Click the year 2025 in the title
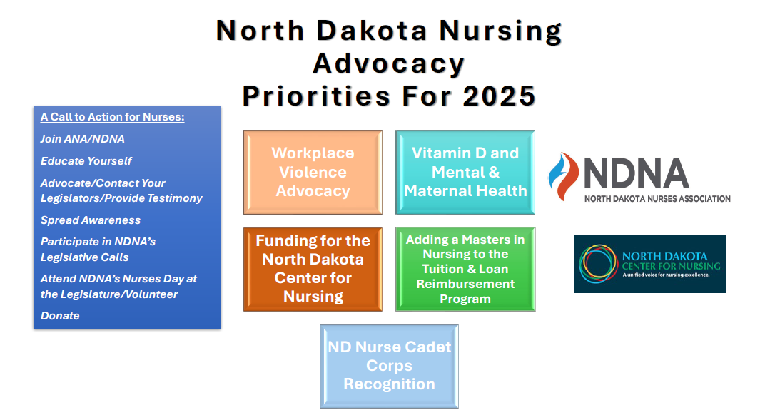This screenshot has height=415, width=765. click(x=499, y=96)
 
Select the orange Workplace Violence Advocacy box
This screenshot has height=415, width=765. click(x=313, y=172)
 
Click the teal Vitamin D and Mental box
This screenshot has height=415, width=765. click(x=465, y=172)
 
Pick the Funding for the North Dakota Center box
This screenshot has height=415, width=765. click(x=313, y=269)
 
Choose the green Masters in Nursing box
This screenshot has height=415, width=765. click(x=465, y=269)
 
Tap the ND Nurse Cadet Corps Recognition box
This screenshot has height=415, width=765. click(x=390, y=367)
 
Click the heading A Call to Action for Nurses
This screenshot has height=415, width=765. click(x=113, y=117)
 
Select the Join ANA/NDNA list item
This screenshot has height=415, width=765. click(x=83, y=139)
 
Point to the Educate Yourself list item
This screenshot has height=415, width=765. click(x=86, y=161)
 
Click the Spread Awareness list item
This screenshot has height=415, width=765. click(x=90, y=220)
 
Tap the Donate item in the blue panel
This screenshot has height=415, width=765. click(x=60, y=316)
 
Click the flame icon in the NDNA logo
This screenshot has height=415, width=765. click(x=564, y=176)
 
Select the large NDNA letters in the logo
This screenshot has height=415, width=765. click(x=637, y=173)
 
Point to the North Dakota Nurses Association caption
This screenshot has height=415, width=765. click(x=657, y=199)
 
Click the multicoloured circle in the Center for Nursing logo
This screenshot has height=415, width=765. click(x=599, y=264)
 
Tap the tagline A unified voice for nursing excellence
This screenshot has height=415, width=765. click(x=666, y=275)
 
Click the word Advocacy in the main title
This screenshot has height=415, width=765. click(x=389, y=64)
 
